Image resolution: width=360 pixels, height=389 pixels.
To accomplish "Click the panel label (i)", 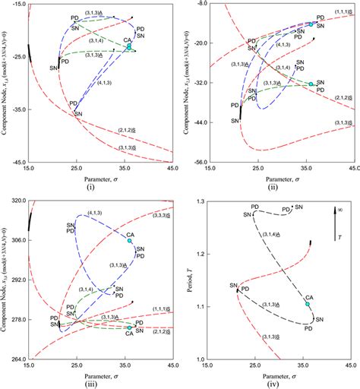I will point(101,185).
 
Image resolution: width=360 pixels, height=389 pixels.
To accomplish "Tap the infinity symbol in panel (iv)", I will point(339,207).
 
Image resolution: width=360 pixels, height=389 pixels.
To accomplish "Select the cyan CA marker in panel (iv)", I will point(308,305).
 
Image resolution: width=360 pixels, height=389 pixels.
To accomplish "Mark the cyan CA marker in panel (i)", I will point(129,46).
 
